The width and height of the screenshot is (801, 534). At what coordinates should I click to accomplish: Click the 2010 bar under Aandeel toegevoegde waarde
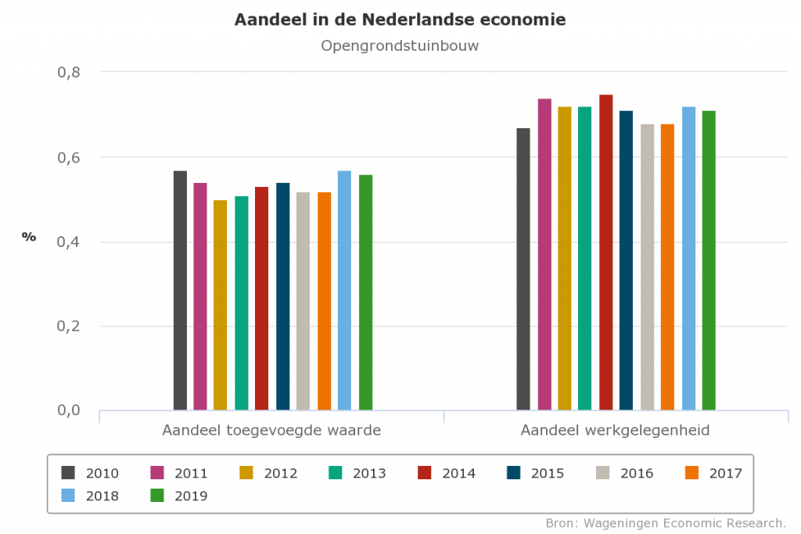click(180, 290)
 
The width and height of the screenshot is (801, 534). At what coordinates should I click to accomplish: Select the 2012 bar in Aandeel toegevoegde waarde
click(221, 305)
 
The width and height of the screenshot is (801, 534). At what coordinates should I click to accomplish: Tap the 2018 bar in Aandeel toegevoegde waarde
click(344, 290)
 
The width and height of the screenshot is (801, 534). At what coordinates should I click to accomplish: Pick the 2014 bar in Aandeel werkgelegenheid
click(605, 252)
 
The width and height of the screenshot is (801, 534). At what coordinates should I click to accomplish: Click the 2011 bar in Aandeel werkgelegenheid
click(544, 254)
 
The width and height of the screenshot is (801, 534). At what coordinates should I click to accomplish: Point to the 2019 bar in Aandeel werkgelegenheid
click(709, 260)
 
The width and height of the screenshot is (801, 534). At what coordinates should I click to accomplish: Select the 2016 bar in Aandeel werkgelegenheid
click(647, 267)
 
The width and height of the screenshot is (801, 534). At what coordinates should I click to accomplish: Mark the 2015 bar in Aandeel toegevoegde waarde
click(282, 296)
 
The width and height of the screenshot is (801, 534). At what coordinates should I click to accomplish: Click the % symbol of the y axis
click(29, 237)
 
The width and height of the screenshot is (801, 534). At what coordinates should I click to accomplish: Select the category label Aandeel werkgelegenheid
click(615, 431)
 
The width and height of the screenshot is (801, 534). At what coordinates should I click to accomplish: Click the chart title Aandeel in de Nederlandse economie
click(400, 20)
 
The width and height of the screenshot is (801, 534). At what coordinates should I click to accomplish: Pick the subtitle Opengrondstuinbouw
click(400, 46)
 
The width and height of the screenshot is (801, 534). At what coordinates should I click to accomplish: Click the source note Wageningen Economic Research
click(666, 522)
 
